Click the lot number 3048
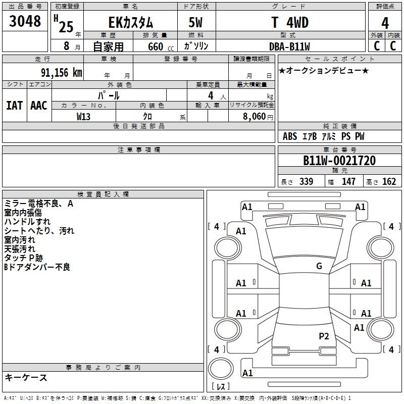coord(25,21)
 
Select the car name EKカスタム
coord(131,22)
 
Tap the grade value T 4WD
coord(290,22)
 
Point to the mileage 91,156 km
coord(61,72)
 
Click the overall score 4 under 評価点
coord(385,23)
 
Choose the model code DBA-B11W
coord(289,46)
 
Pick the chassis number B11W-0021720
coord(339,161)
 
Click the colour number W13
coord(83,117)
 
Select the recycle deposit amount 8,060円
coord(258,117)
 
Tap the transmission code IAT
coord(15,106)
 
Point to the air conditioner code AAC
coord(39,106)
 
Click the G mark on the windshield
coord(319,266)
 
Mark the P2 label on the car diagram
coord(324,336)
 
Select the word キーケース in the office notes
coord(26,377)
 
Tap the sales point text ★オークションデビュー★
coord(324,70)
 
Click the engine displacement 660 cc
coord(161,46)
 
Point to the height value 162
coord(389,181)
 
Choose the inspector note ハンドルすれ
coord(27,222)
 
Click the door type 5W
coord(195,22)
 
